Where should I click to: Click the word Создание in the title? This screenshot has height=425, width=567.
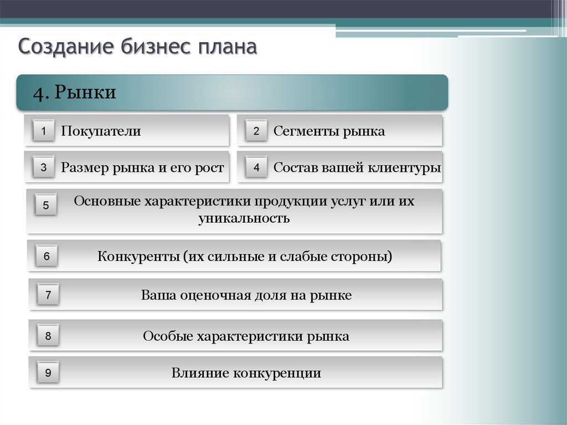tap(66, 47)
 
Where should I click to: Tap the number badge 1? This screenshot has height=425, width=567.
tap(43, 130)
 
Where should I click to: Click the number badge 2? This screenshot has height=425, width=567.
tap(256, 130)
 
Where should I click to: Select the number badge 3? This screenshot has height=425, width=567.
tap(43, 167)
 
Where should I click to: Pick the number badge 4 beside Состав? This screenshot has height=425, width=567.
tap(256, 167)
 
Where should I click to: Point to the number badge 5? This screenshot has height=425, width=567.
tap(45, 205)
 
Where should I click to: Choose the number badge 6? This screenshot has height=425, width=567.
tap(47, 256)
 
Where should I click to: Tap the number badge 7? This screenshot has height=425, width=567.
tap(48, 294)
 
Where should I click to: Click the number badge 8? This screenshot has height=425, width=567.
tap(48, 336)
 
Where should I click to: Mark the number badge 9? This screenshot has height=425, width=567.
tap(48, 372)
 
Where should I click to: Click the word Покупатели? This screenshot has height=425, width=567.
tap(101, 131)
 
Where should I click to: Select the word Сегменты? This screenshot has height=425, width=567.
tap(306, 131)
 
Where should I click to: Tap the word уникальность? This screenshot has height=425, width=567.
tap(244, 218)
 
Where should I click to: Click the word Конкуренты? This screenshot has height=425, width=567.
tap(138, 257)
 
